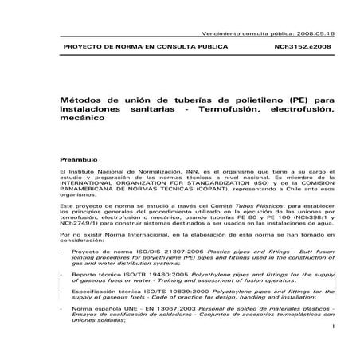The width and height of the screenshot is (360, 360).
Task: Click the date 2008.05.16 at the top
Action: [x=315, y=35]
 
